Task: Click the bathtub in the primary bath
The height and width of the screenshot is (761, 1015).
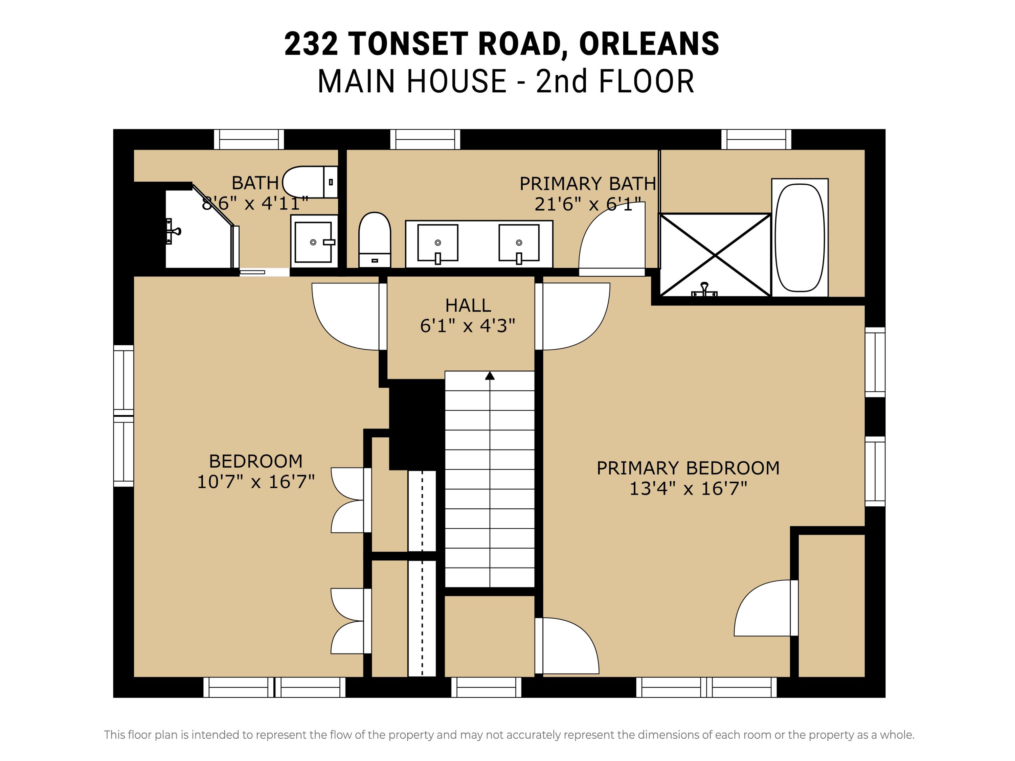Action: pos(800,238)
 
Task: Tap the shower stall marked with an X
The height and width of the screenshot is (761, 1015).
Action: pos(715,255)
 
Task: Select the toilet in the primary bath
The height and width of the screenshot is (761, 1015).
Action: pos(375,239)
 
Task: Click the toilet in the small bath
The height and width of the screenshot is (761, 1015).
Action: pos(310,182)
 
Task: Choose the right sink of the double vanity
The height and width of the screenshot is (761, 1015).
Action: pos(519,243)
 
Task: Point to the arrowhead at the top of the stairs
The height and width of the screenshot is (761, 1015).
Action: pos(490,376)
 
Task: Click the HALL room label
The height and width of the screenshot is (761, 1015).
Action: pos(468,305)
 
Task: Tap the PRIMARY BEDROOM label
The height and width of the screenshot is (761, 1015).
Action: pos(688,468)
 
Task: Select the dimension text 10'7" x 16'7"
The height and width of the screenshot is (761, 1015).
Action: pos(255,482)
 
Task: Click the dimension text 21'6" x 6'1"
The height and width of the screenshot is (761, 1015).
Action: pos(588,204)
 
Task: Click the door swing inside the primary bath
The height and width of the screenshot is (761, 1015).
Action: pos(612,238)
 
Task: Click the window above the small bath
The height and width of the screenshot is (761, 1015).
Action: pos(249,139)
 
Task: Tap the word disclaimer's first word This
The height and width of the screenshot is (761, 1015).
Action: pos(115,735)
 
